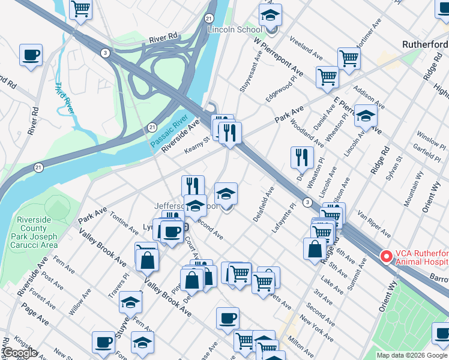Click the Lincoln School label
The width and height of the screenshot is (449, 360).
[235, 29]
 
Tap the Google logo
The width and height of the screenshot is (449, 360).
[19, 353]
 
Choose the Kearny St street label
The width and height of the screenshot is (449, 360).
[197, 144]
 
